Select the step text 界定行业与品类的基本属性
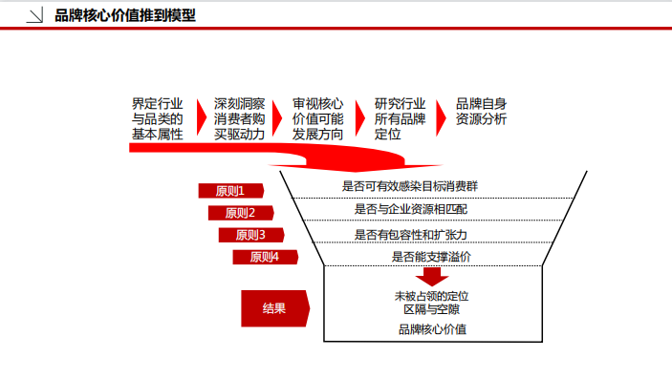pyautogui.click(x=158, y=119)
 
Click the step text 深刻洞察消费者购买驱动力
pyautogui.click(x=240, y=119)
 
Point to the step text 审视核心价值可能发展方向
pyautogui.click(x=318, y=119)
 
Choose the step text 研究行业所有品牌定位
pyautogui.click(x=400, y=119)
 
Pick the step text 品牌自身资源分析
pyautogui.click(x=482, y=112)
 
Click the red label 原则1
pyautogui.click(x=230, y=191)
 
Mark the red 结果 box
pyautogui.click(x=274, y=308)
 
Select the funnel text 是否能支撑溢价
pyautogui.click(x=431, y=257)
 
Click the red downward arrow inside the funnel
pyautogui.click(x=433, y=276)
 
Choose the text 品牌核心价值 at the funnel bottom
pyautogui.click(x=432, y=330)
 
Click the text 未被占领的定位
pyautogui.click(x=431, y=297)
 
